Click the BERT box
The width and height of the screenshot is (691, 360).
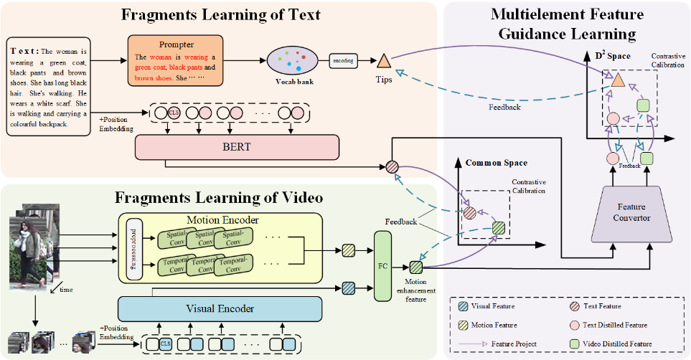(x=236, y=146)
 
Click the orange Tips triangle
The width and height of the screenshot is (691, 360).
(x=383, y=62)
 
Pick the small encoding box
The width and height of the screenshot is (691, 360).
(x=343, y=61)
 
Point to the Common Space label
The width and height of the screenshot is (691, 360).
(x=496, y=163)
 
